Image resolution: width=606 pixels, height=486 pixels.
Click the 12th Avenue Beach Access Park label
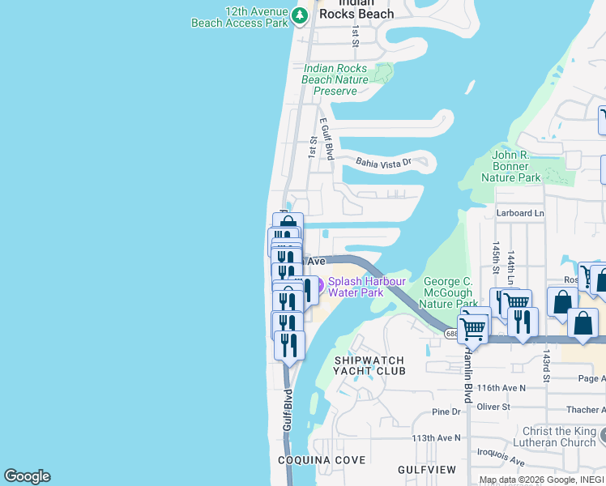240,18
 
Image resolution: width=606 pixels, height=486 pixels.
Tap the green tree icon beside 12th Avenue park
301,15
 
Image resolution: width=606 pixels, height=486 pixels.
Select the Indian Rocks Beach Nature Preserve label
335,80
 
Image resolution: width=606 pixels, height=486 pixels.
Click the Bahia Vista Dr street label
384,163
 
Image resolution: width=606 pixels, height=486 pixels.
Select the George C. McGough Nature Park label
448,292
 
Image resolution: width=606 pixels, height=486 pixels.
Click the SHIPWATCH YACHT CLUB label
369,364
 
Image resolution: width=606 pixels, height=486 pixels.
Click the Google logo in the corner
27,476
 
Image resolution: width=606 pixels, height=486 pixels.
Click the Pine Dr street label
446,412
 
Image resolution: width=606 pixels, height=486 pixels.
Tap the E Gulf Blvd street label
326,139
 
